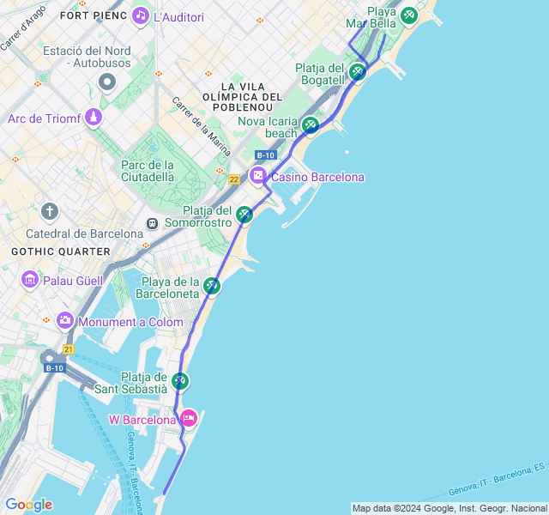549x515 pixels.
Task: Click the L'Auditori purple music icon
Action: point(141,16)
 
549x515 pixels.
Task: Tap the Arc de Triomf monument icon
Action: point(94,118)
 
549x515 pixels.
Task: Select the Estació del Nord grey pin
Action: point(107,82)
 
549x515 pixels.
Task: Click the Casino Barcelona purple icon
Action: point(258,176)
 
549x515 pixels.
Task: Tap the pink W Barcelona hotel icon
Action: point(189,419)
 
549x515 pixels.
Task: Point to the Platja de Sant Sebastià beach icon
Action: point(179,380)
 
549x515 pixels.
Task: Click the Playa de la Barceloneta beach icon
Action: point(212,286)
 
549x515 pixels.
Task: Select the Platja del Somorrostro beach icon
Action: point(244,215)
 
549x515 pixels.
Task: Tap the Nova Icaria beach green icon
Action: point(311,125)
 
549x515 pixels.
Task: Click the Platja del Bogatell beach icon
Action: point(357,71)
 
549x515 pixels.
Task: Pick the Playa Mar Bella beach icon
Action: point(408,15)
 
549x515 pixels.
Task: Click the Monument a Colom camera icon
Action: point(65,321)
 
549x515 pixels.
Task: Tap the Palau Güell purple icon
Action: point(30,280)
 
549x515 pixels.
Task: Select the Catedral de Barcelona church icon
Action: point(51,211)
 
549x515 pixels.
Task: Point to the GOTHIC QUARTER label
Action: point(61,251)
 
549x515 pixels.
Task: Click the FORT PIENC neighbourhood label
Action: point(94,16)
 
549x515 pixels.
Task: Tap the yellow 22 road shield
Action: point(234,179)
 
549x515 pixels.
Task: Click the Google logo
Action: point(28,505)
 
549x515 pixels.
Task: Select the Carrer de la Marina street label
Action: point(202,126)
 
